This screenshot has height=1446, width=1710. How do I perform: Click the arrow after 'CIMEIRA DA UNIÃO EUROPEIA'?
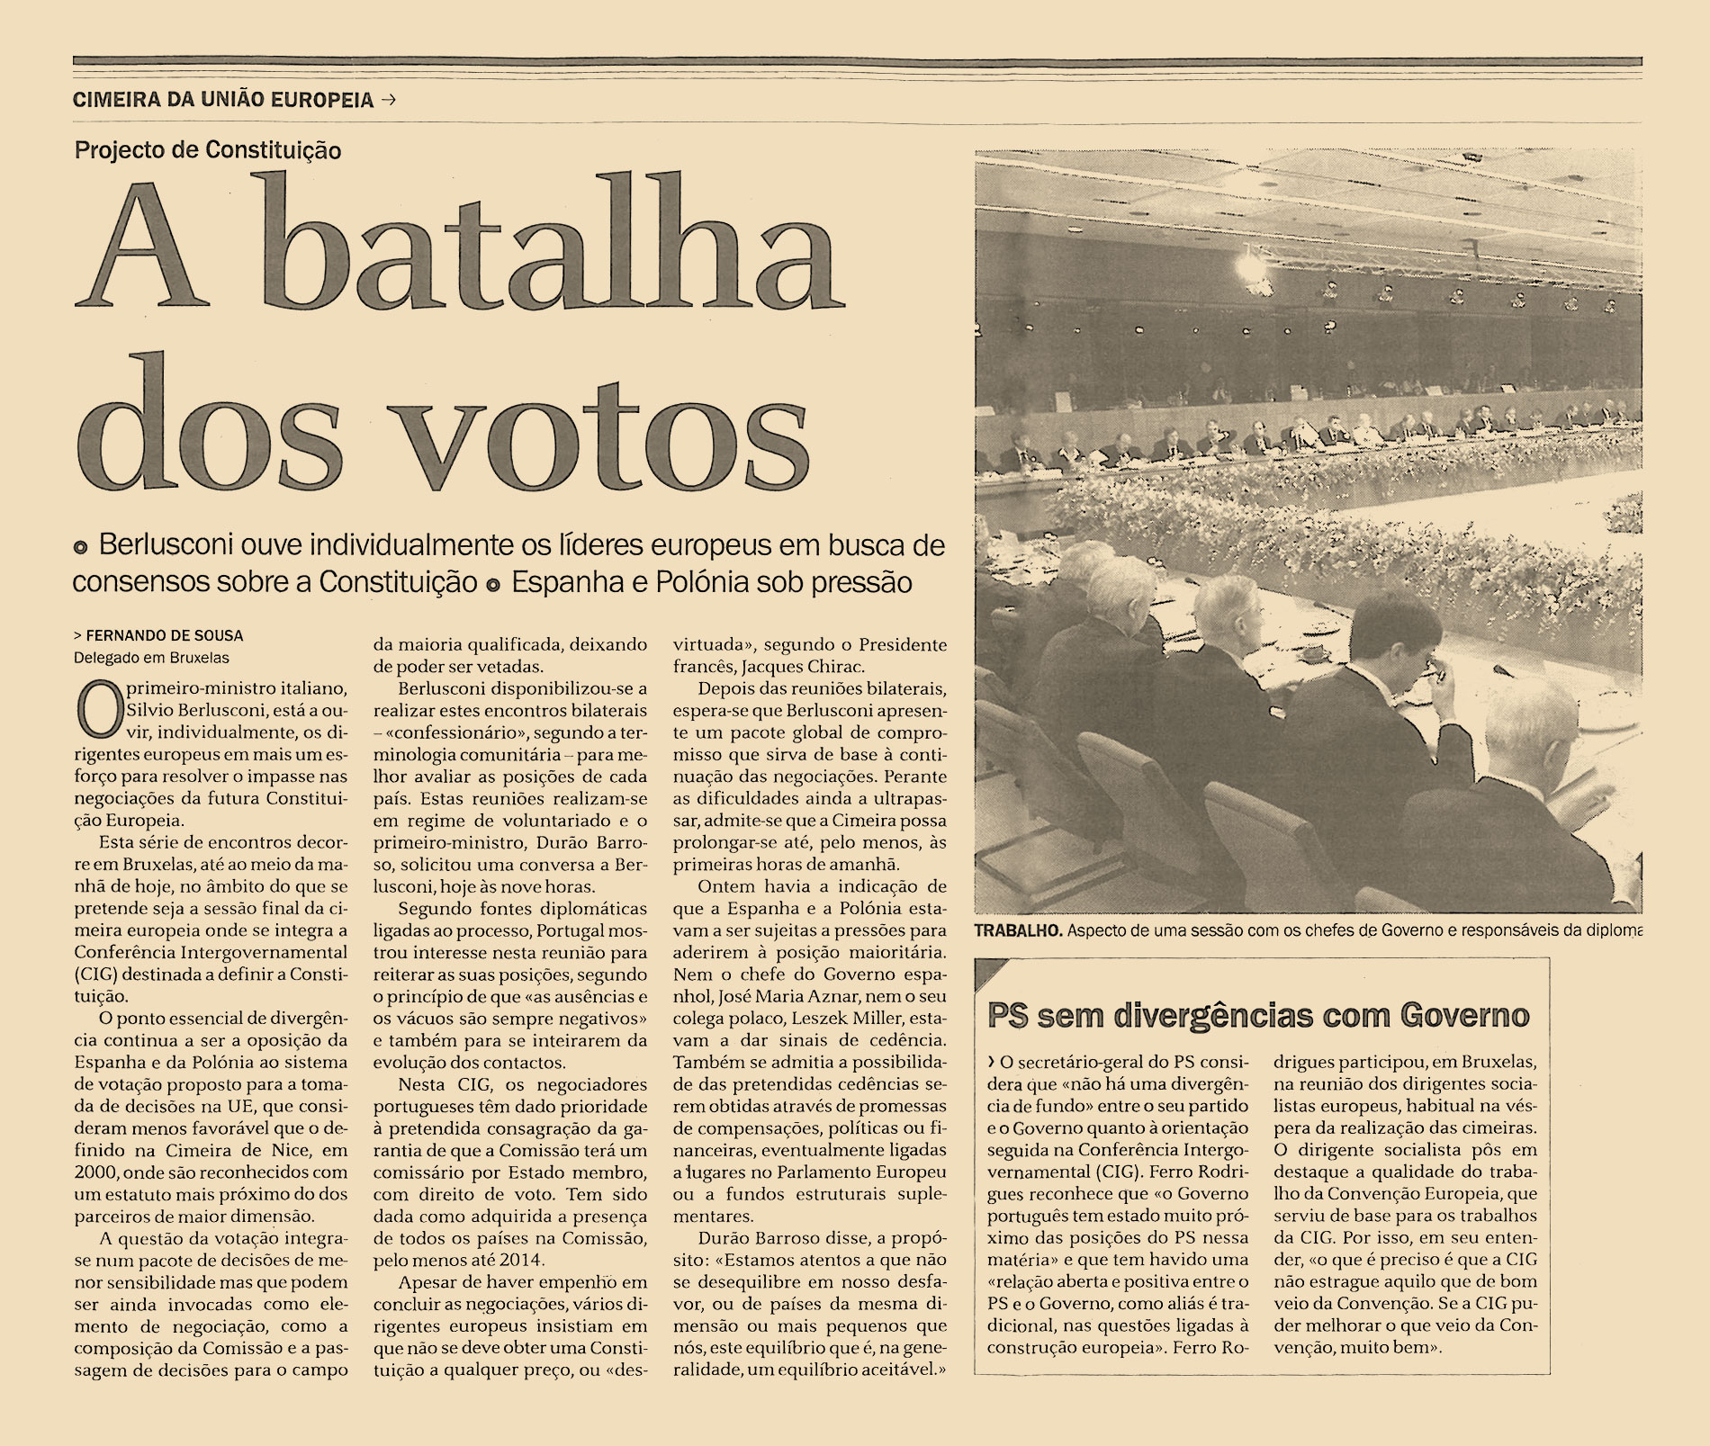389,100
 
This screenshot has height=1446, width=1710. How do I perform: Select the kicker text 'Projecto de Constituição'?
208,150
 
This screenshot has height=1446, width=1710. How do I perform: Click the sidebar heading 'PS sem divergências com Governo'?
1258,1015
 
